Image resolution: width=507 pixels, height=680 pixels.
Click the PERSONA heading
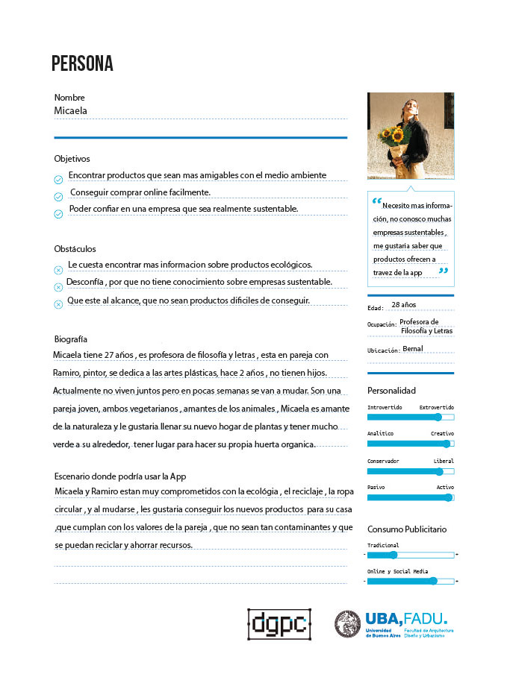(82, 64)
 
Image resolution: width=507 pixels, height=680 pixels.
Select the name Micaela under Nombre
(71, 110)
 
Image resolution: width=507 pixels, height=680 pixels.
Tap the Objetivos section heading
(72, 159)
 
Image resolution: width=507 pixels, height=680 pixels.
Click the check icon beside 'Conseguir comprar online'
(58, 197)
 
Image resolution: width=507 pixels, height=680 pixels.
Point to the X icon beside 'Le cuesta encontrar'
(58, 270)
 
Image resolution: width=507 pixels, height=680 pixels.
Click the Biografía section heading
(71, 339)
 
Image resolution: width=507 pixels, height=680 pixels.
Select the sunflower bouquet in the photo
(395, 138)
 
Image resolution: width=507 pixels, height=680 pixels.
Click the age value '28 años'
(403, 305)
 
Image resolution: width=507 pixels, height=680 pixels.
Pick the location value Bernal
(412, 349)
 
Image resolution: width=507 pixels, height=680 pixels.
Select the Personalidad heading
(391, 391)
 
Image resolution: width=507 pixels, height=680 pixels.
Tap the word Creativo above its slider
(441, 433)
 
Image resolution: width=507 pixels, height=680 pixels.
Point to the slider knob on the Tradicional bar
(393, 555)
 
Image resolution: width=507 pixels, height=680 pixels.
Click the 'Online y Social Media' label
(397, 571)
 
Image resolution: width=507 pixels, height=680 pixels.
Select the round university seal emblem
(347, 623)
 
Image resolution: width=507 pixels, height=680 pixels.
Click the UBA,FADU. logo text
(406, 618)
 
